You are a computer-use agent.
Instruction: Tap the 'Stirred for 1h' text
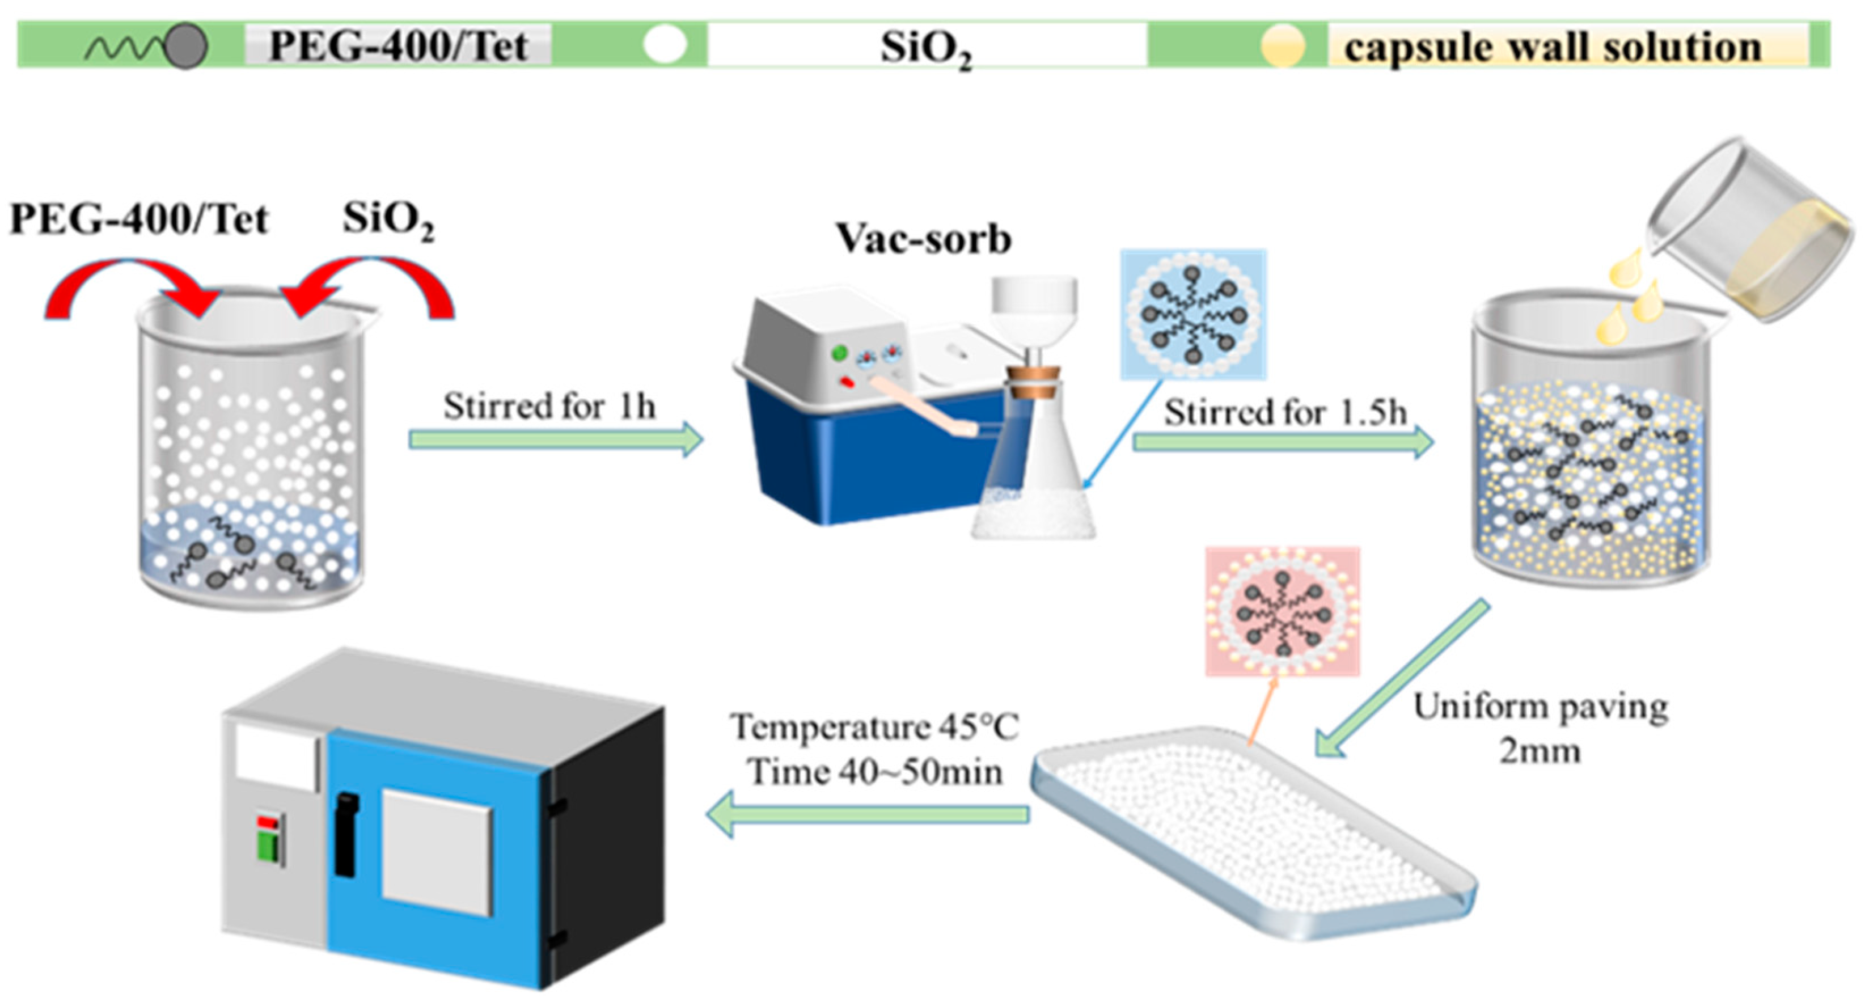click(x=549, y=406)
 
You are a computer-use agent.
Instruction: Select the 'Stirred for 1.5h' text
click(x=1285, y=413)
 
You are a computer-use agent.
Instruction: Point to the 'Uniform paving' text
click(x=1541, y=707)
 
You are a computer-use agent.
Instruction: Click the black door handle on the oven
click(x=346, y=833)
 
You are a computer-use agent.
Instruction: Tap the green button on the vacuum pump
click(x=839, y=353)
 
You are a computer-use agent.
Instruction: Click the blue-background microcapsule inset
click(x=1193, y=314)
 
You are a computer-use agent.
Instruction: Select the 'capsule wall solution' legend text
click(x=1553, y=47)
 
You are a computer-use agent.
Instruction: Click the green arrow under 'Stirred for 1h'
click(x=555, y=439)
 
